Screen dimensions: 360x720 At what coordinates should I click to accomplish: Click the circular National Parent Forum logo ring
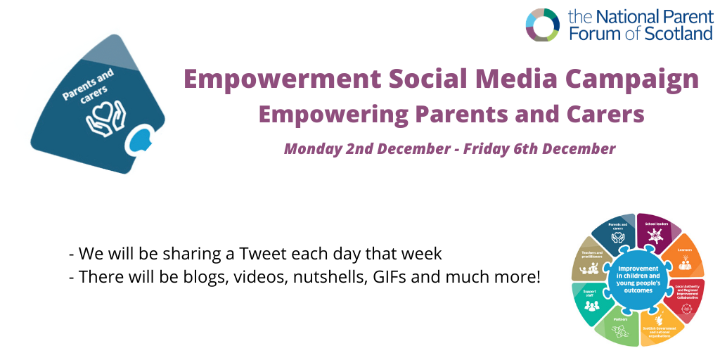[x=543, y=25]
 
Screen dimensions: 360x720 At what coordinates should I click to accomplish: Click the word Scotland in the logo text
[x=676, y=33]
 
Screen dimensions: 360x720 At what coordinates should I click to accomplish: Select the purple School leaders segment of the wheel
[x=657, y=232]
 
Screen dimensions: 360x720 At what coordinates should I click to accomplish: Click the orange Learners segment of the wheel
[x=685, y=257]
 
